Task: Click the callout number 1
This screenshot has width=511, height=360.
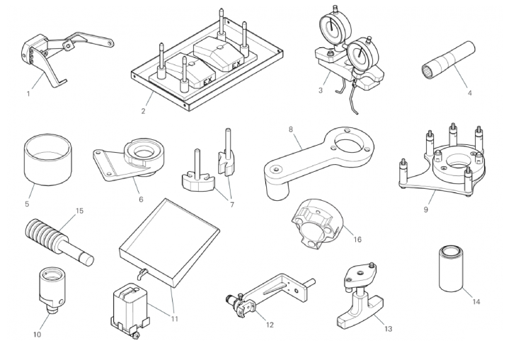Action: tap(28, 93)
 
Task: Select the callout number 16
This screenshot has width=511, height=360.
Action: tap(357, 240)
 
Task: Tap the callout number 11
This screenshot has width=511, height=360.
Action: tap(174, 318)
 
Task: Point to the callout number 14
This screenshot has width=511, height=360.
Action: tap(476, 302)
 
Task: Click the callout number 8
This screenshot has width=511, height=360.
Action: tap(291, 129)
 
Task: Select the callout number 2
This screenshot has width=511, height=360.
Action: tap(143, 111)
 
